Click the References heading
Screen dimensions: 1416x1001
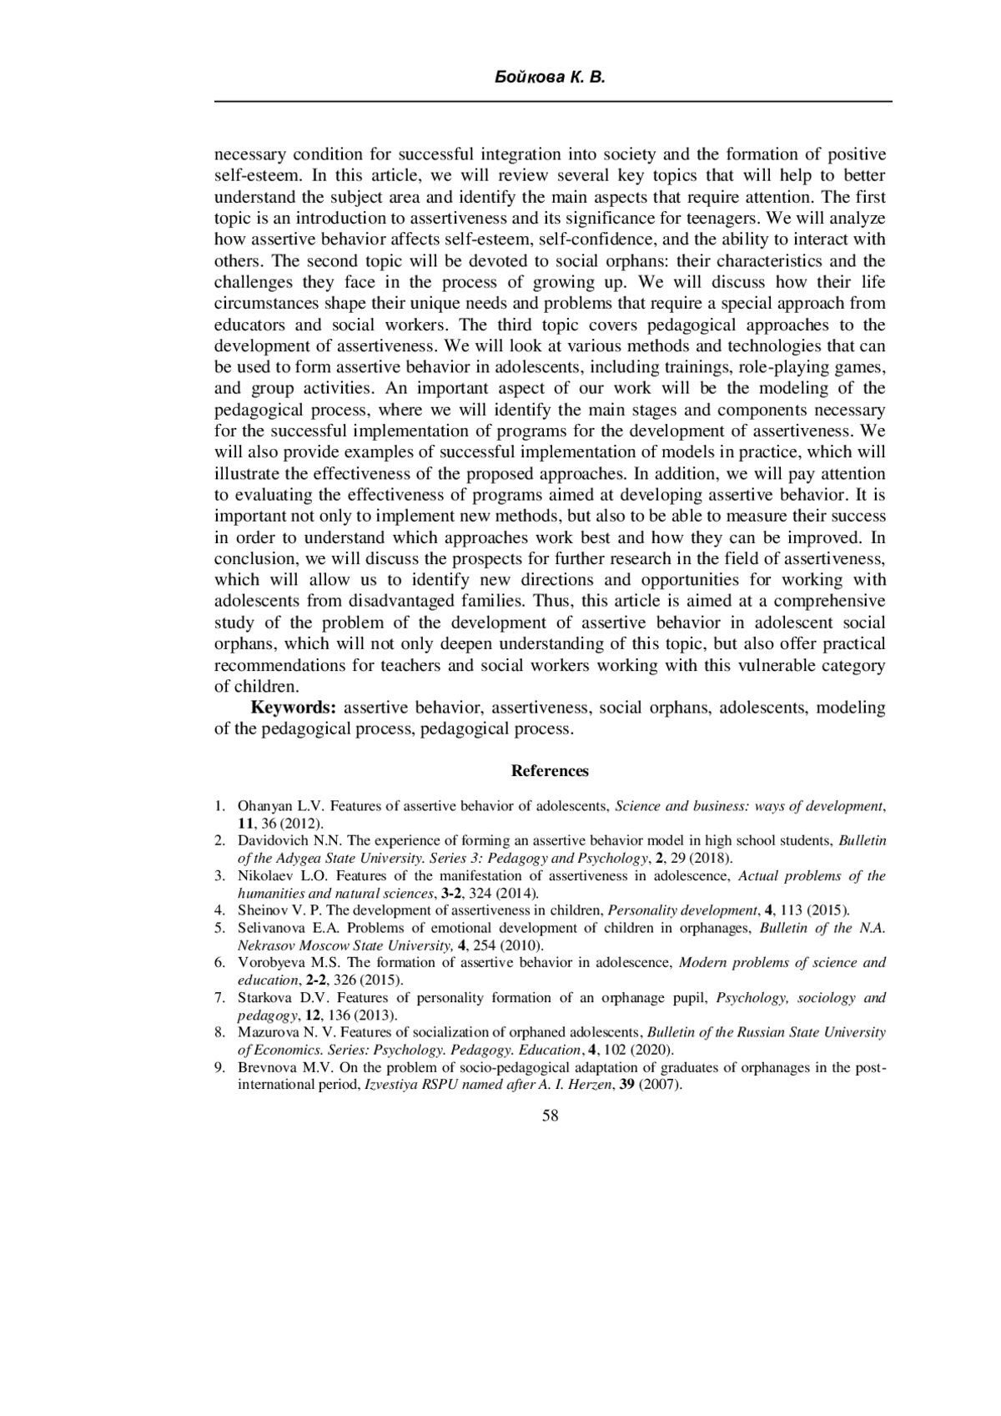tap(550, 771)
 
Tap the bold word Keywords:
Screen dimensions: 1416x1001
tap(294, 708)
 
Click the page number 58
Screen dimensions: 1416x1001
tap(551, 1116)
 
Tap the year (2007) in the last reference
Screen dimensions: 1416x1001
tap(661, 1086)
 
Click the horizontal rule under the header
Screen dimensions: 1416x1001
tap(553, 102)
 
